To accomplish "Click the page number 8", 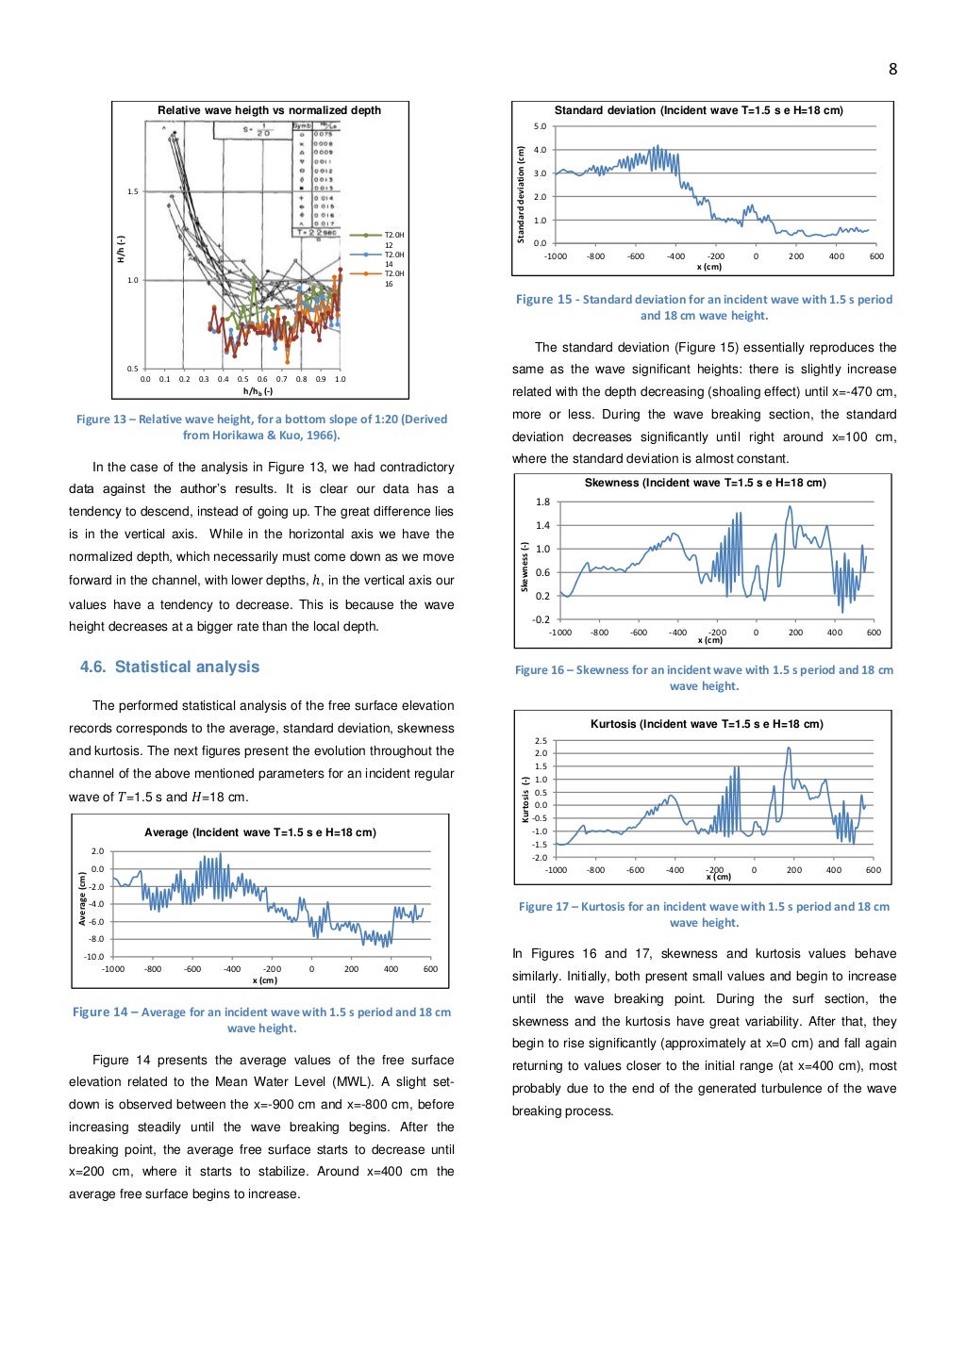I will (x=892, y=69).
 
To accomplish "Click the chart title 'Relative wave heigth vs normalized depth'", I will (x=269, y=110).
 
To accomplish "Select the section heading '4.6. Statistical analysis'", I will (x=169, y=667).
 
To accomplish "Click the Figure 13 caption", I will (x=261, y=427).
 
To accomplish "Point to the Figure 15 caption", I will (x=704, y=307).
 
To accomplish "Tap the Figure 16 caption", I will (x=704, y=678).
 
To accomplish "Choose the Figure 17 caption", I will (x=704, y=914).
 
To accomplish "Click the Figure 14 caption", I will (x=261, y=1020).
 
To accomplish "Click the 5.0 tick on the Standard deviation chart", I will (x=540, y=126).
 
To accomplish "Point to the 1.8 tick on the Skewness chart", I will (x=542, y=502).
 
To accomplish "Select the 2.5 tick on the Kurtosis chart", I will (x=541, y=741).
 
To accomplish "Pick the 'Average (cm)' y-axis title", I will (x=83, y=898).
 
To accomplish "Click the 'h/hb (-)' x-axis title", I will (x=258, y=391).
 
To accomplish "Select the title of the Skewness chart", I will (x=705, y=483).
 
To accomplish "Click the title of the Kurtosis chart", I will (x=707, y=724).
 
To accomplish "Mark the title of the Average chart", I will (x=259, y=832).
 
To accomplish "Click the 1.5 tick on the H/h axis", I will (x=133, y=191).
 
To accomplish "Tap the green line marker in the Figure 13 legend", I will (x=365, y=235).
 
